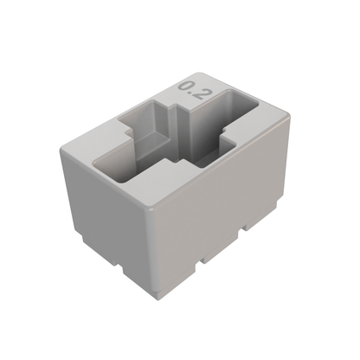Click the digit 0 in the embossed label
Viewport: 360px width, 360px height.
[x=185, y=87]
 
